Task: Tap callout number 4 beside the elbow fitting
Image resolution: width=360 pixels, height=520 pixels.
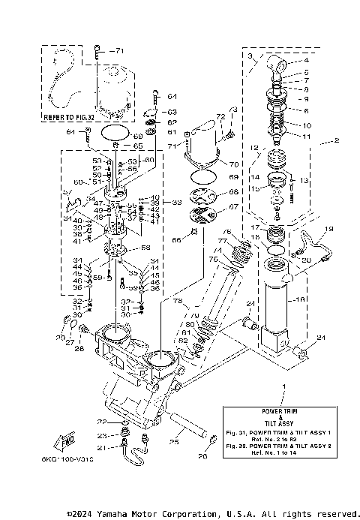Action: tap(285, 61)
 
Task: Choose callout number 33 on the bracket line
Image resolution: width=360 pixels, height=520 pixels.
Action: tap(175, 202)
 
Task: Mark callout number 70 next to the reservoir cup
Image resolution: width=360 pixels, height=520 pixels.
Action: tap(234, 163)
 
